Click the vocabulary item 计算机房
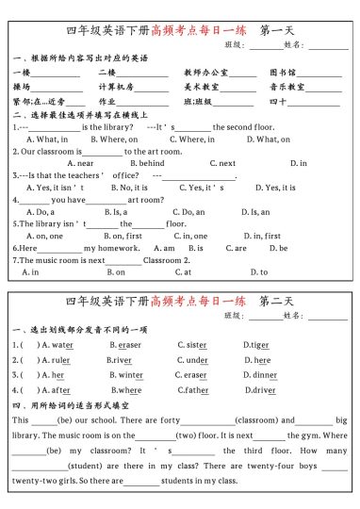click(x=116, y=87)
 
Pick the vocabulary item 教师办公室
click(x=206, y=72)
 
